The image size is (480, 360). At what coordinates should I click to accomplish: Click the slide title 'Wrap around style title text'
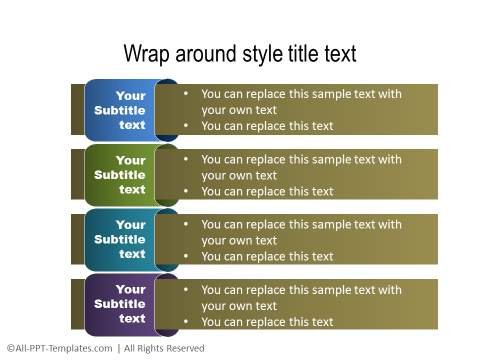click(239, 54)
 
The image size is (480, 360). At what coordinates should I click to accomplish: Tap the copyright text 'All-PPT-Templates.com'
click(60, 348)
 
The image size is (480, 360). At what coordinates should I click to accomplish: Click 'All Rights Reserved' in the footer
click(165, 348)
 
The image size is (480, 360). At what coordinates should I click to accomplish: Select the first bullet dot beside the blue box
click(186, 94)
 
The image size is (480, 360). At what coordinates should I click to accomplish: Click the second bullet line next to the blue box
click(267, 126)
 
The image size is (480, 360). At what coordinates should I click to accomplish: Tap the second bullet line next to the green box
click(267, 191)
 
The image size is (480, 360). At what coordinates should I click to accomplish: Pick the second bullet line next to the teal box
click(267, 256)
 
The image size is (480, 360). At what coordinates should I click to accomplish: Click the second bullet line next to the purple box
click(267, 322)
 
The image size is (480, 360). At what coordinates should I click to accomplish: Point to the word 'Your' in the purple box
click(130, 289)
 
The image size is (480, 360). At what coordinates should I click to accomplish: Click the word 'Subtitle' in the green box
click(120, 175)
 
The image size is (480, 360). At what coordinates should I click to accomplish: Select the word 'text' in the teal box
click(132, 254)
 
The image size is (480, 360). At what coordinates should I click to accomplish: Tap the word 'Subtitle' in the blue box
click(120, 110)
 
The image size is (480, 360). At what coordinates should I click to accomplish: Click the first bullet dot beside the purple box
click(186, 290)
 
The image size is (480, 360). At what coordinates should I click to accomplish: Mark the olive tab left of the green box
click(77, 175)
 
